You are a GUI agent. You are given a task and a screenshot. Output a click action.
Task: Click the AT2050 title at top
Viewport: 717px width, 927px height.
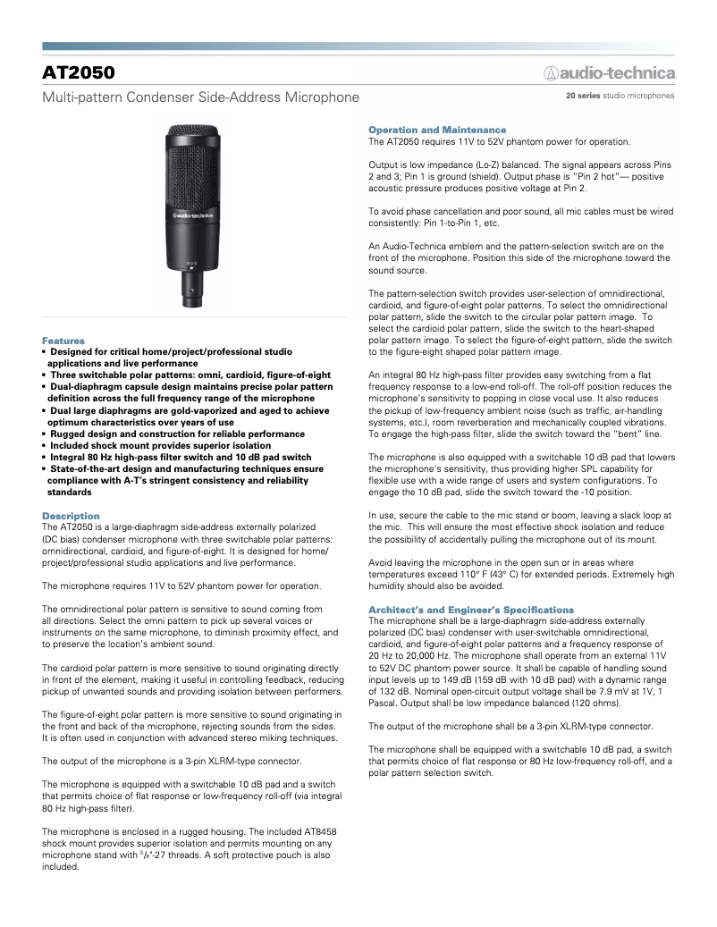pos(79,72)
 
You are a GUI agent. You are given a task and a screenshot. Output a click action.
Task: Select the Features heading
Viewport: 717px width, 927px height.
pos(63,341)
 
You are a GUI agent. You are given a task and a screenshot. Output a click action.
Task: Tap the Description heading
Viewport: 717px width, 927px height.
pos(72,516)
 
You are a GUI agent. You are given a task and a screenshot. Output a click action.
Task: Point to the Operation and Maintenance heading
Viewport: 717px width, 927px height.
pos(437,130)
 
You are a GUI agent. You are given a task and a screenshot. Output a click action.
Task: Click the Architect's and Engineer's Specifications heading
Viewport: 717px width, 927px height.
pos(471,609)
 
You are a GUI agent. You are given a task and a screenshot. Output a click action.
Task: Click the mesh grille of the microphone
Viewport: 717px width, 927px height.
pos(191,161)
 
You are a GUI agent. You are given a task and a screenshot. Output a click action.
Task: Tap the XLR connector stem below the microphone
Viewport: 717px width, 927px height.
pos(191,286)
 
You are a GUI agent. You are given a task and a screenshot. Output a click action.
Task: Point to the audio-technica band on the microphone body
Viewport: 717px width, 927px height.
pos(191,215)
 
